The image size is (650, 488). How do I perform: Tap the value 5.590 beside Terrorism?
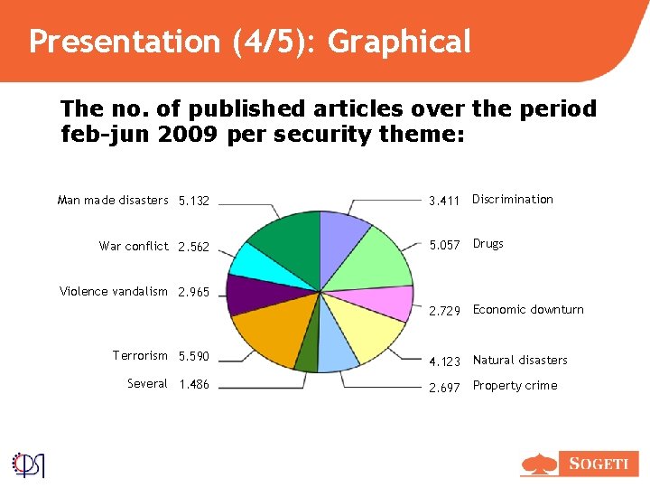pos(194,357)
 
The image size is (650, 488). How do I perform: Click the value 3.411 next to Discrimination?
pos(444,201)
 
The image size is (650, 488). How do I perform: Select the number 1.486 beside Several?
pos(194,385)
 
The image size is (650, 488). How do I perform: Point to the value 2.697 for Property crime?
pos(444,387)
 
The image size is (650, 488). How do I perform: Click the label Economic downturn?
pos(528,310)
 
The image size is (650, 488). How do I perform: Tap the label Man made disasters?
pos(113,200)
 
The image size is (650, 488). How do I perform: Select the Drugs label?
pos(488,244)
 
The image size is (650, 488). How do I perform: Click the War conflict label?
pos(134,246)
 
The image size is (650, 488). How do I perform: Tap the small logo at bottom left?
pos(29,464)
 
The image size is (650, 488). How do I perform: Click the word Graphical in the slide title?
pos(400,42)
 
